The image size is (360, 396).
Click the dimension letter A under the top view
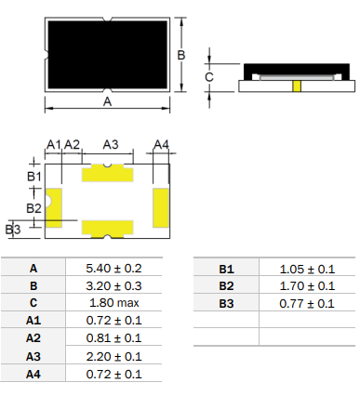pos(107,101)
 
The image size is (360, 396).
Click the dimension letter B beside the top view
pos(181,55)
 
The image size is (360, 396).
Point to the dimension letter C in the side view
pos(209,77)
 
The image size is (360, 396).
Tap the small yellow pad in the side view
pos(297,86)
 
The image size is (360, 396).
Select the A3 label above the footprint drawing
pos(111,144)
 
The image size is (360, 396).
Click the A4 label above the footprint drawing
pos(161,144)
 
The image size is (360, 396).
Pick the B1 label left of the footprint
pos(34,177)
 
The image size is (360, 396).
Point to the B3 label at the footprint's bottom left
pos(13,230)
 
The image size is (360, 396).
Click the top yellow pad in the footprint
pos(108,174)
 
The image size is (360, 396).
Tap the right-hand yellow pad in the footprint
pos(161,207)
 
